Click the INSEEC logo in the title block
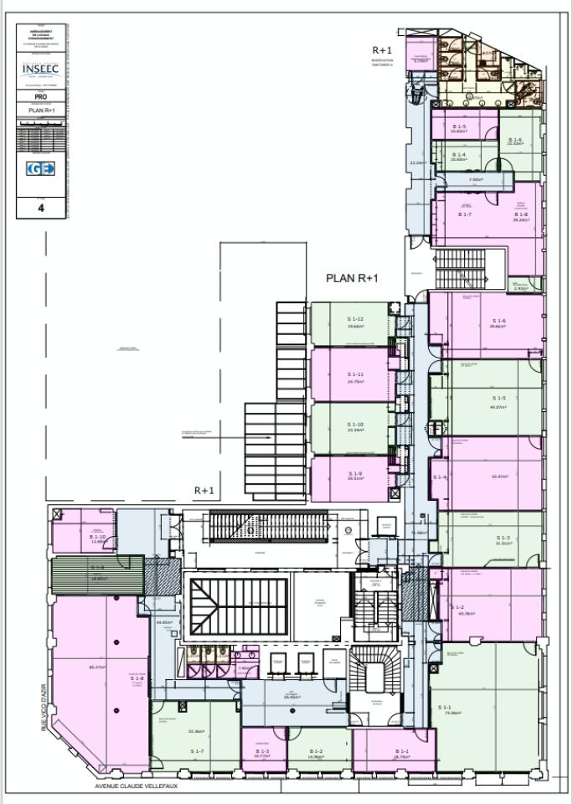click(x=41, y=69)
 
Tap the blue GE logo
click(x=41, y=169)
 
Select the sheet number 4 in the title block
click(x=41, y=209)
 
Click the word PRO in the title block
click(x=41, y=97)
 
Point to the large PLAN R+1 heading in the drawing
click(x=353, y=278)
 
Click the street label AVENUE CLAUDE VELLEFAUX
click(x=136, y=786)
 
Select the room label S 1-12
click(x=355, y=319)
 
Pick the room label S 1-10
click(x=355, y=425)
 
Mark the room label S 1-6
click(x=498, y=321)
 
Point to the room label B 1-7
click(x=465, y=214)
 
